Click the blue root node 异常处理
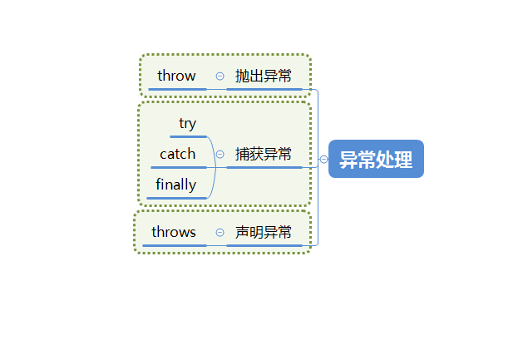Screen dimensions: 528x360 [x=376, y=159]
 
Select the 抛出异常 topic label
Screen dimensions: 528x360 [x=264, y=76]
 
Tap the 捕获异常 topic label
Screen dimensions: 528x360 [x=264, y=154]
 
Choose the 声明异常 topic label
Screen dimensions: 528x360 [x=264, y=232]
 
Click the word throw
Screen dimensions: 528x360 [x=176, y=76]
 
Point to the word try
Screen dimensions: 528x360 [x=188, y=123]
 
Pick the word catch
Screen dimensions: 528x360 [x=178, y=154]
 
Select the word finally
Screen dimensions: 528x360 [x=176, y=185]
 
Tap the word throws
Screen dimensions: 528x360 [x=174, y=232]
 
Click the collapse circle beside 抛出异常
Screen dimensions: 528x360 [x=220, y=76]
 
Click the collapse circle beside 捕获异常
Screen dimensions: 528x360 [x=220, y=154]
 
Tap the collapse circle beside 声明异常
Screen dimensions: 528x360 [x=220, y=232]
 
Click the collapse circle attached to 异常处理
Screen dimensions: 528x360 [x=323, y=159]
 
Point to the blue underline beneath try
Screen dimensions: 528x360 [x=188, y=136]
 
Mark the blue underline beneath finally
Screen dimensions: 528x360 [x=176, y=198]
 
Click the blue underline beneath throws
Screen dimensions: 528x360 [x=174, y=245]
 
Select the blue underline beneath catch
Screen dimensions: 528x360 [x=178, y=167]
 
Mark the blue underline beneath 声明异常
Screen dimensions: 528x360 [x=264, y=245]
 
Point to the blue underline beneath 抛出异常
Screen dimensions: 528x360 [x=264, y=89]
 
